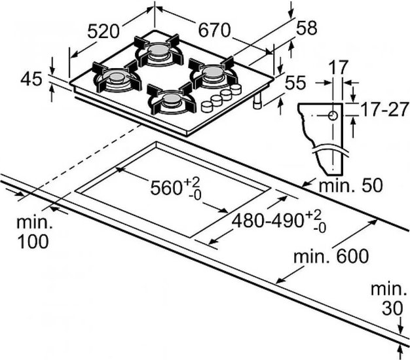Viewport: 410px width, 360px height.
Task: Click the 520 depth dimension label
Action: point(103,31)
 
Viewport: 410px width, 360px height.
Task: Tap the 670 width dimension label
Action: point(214,30)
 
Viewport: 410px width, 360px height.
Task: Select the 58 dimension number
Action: point(307,27)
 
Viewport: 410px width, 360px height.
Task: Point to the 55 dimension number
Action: point(295,82)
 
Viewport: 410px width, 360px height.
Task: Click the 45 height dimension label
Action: point(31,79)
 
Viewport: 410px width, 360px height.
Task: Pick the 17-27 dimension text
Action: point(384,109)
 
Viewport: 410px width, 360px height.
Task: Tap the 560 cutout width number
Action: point(166,188)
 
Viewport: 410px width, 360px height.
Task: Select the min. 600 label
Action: point(331,257)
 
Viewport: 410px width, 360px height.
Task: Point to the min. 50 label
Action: point(350,185)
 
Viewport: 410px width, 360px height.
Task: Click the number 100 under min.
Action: point(33,241)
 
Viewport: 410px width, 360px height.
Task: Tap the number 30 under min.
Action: point(392,308)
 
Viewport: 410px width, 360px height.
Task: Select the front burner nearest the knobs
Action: point(171,99)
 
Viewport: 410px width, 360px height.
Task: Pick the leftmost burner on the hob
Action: point(116,78)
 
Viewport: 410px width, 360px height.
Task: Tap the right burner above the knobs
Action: point(213,73)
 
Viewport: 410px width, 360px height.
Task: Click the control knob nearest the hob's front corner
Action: point(207,106)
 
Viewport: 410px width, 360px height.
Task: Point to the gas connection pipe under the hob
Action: point(258,101)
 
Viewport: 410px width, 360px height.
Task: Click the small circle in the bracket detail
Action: point(333,115)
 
